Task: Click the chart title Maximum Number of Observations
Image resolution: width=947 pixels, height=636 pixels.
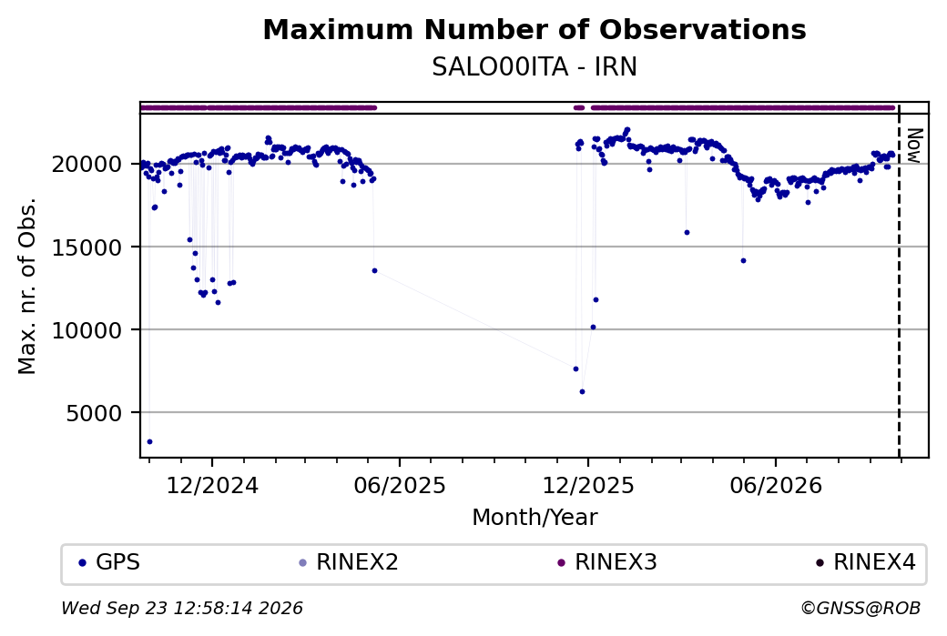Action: (x=535, y=29)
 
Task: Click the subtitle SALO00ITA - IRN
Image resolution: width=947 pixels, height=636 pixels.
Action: (x=535, y=67)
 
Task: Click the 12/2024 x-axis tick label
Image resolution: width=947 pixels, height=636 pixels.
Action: (x=212, y=486)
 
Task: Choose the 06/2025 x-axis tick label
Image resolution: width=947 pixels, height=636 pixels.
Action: (x=400, y=486)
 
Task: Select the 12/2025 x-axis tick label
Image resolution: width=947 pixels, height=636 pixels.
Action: (x=588, y=486)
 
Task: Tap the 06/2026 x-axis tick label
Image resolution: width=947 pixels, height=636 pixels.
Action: (x=776, y=486)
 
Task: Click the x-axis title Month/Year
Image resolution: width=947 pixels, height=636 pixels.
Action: (x=535, y=518)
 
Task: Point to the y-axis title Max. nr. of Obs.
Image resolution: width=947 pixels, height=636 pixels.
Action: (x=27, y=286)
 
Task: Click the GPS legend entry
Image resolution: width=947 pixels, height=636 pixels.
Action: (x=110, y=562)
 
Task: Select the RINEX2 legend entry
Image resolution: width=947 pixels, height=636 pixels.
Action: (x=349, y=562)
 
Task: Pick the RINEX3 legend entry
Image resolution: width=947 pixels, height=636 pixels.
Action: (x=607, y=562)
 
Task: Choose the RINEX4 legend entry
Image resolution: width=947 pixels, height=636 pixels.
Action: (x=866, y=562)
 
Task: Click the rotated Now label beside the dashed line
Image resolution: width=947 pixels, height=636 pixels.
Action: (x=914, y=146)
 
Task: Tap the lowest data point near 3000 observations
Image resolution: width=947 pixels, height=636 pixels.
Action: (x=149, y=441)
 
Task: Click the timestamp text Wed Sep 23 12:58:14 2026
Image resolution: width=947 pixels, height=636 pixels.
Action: (x=182, y=608)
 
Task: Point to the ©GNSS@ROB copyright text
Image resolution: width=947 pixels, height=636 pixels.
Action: (x=860, y=608)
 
